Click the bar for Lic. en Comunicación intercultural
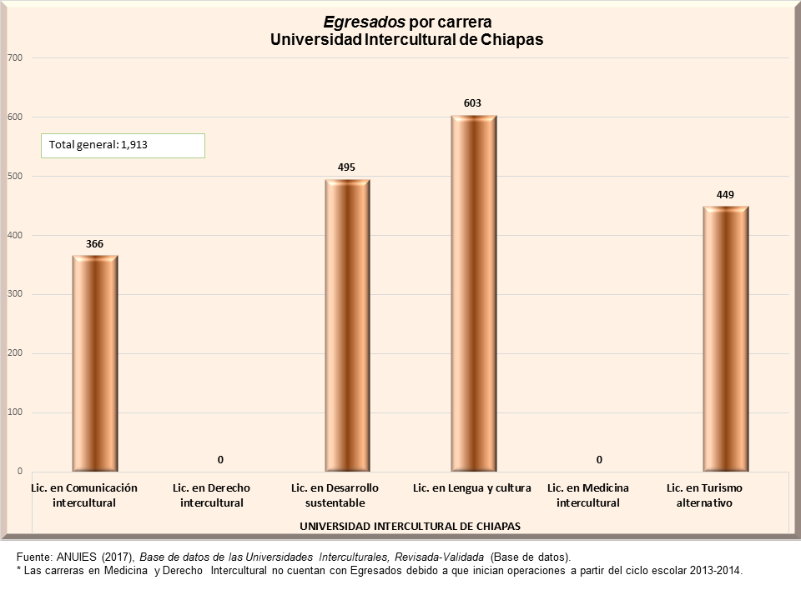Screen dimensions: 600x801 [x=94, y=363]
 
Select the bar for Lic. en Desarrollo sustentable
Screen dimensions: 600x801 [x=347, y=325]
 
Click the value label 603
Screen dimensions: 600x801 [x=473, y=103]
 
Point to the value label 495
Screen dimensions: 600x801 [x=347, y=167]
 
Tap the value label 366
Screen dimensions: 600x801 [x=94, y=243]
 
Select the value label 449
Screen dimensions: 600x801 [x=725, y=194]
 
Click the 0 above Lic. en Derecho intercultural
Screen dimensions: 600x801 [x=221, y=459]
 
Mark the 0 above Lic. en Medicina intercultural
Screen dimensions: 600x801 [x=599, y=459]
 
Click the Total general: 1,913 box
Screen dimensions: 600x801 [x=123, y=145]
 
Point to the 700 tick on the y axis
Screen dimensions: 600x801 [x=14, y=57]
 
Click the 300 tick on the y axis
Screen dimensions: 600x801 [x=14, y=294]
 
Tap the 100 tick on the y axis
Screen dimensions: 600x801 [x=14, y=412]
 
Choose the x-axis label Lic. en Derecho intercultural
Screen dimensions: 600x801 [x=212, y=495]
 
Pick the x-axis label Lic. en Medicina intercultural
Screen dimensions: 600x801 [x=588, y=495]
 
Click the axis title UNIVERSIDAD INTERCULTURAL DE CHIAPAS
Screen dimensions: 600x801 [x=410, y=527]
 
